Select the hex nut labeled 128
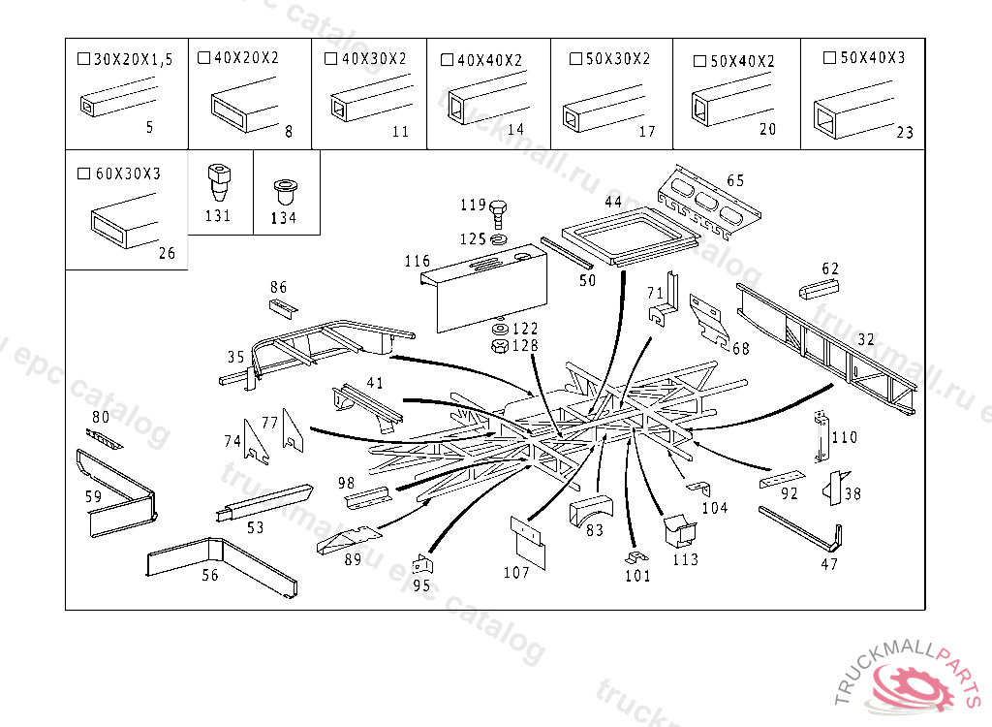pyautogui.click(x=500, y=345)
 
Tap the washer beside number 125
pyautogui.click(x=499, y=238)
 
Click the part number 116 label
pyautogui.click(x=418, y=262)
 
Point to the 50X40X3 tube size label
pyautogui.click(x=873, y=58)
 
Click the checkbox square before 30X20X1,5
pyautogui.click(x=82, y=60)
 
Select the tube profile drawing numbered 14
pyautogui.click(x=479, y=103)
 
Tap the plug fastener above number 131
pyautogui.click(x=218, y=180)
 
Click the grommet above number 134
pyautogui.click(x=284, y=186)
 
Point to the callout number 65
pyautogui.click(x=735, y=180)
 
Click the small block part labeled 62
pyautogui.click(x=821, y=288)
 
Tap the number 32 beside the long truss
pyautogui.click(x=866, y=339)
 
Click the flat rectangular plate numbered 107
pyautogui.click(x=528, y=540)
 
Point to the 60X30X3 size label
pyautogui.click(x=128, y=174)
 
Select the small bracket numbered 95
pyautogui.click(x=422, y=565)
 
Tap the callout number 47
pyautogui.click(x=829, y=564)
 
